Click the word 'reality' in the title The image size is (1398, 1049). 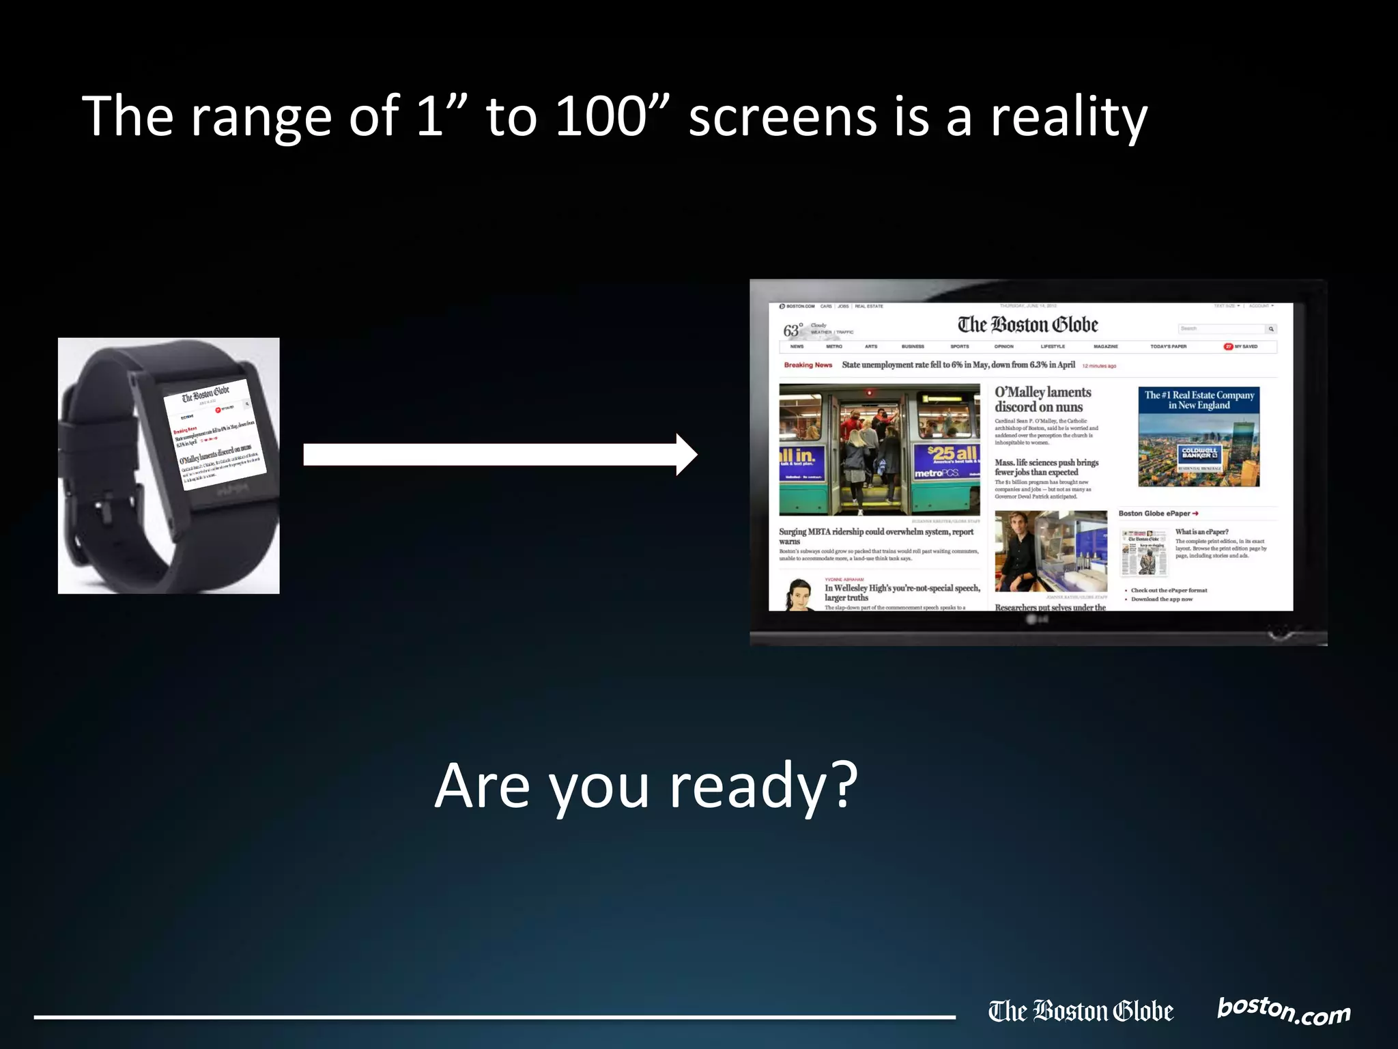(x=1069, y=116)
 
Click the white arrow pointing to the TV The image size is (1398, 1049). (x=500, y=454)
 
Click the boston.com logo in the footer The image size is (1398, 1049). (x=1283, y=1010)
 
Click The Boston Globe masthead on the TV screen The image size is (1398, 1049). (x=1027, y=324)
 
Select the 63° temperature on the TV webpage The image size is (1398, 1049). (x=793, y=331)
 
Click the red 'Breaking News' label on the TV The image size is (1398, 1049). (x=808, y=365)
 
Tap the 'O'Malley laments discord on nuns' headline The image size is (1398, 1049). (x=1042, y=400)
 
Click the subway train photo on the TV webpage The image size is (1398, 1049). (x=879, y=449)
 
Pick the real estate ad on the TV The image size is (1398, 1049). (x=1199, y=436)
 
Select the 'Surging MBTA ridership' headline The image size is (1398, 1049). (x=876, y=535)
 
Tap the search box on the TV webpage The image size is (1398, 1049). (x=1221, y=329)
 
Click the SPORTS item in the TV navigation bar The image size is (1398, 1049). (x=959, y=347)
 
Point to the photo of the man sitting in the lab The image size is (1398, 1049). (x=1051, y=551)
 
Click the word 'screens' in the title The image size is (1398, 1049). (x=783, y=116)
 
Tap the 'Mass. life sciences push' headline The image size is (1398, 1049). (x=1046, y=467)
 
